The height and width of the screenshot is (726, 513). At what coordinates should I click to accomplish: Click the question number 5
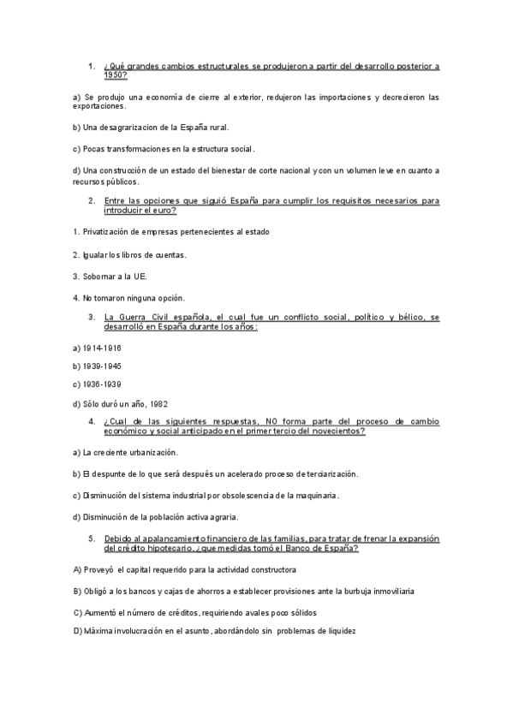pos(92,538)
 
